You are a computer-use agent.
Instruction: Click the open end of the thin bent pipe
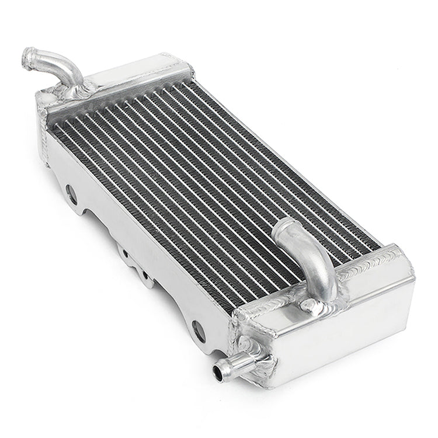tap(28, 57)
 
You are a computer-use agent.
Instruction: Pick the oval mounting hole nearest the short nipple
tap(199, 331)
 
